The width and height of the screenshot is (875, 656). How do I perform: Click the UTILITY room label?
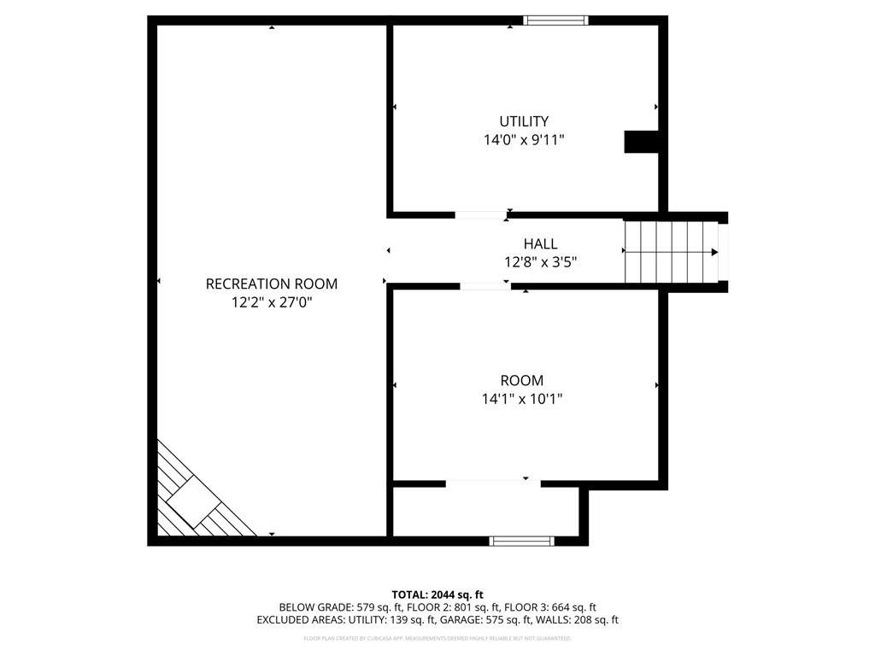click(524, 121)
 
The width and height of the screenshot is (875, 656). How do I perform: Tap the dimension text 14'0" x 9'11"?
click(524, 140)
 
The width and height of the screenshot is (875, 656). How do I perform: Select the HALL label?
click(540, 244)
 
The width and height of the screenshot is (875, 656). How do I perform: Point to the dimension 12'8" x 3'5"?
click(540, 263)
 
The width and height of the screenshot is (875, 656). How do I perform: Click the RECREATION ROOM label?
click(272, 284)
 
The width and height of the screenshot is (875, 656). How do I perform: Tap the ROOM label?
click(522, 380)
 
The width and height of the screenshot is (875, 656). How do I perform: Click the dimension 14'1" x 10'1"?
click(522, 398)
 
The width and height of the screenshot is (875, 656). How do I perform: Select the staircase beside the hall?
click(672, 251)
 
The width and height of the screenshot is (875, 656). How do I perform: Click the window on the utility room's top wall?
click(555, 20)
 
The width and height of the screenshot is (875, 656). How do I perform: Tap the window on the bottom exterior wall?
click(521, 541)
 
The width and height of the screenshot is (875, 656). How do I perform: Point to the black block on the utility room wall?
click(641, 142)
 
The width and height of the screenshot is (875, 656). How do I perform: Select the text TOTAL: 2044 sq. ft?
click(437, 594)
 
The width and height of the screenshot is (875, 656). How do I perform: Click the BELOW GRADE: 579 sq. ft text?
click(326, 607)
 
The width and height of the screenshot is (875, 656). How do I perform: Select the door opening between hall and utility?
click(479, 215)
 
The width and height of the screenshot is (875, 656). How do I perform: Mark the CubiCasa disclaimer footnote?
click(437, 638)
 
